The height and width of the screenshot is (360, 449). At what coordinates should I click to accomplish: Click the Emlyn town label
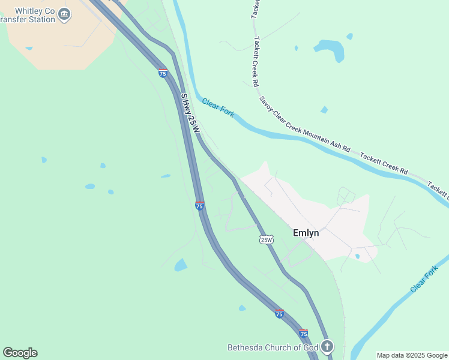pyautogui.click(x=306, y=233)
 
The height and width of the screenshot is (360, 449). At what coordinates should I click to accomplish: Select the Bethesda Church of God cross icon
pyautogui.click(x=327, y=346)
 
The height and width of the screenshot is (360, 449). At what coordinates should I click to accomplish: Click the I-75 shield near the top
pyautogui.click(x=163, y=73)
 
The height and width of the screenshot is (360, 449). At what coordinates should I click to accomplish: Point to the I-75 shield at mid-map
pyautogui.click(x=199, y=206)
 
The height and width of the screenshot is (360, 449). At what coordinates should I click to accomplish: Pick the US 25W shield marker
pyautogui.click(x=267, y=239)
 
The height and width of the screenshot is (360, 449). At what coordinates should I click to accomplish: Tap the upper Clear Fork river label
pyautogui.click(x=218, y=108)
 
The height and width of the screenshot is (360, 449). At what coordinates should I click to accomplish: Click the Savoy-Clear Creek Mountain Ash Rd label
pyautogui.click(x=304, y=123)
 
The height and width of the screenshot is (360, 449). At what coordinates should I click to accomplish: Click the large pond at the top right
pyautogui.click(x=330, y=49)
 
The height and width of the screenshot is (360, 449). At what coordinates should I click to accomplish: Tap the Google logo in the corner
pyautogui.click(x=20, y=353)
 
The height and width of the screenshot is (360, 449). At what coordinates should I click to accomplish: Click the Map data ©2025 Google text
pyautogui.click(x=412, y=355)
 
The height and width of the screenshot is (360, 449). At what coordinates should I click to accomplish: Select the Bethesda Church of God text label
pyautogui.click(x=273, y=347)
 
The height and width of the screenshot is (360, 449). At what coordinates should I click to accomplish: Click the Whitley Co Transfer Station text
pyautogui.click(x=30, y=15)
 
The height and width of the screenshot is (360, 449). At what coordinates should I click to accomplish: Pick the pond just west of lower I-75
pyautogui.click(x=180, y=265)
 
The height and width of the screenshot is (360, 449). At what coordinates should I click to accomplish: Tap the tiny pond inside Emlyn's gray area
pyautogui.click(x=357, y=256)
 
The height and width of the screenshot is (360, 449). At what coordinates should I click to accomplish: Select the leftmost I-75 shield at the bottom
pyautogui.click(x=279, y=313)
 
